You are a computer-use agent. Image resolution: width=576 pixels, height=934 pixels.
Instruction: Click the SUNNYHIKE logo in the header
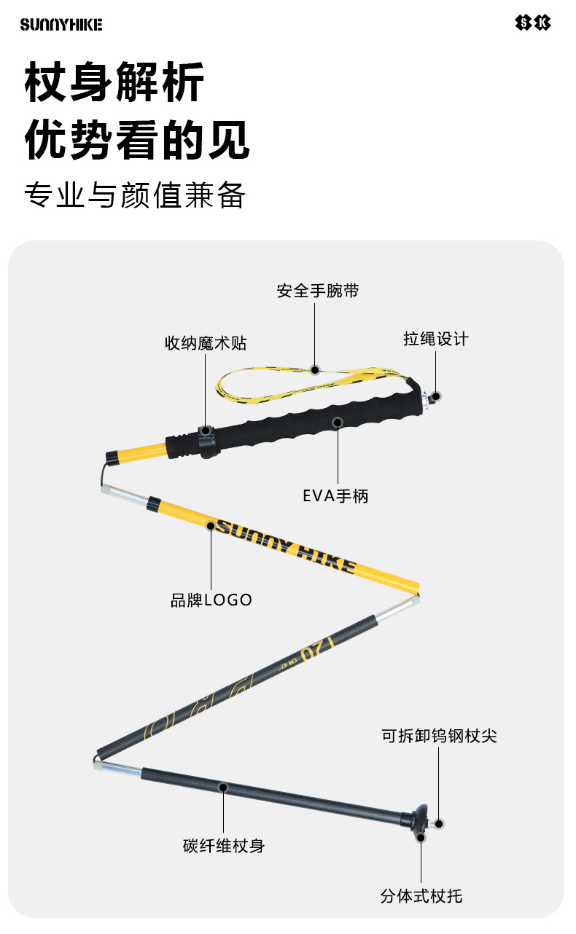coord(61,24)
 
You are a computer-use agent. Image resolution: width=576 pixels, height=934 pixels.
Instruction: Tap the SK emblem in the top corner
coord(533,23)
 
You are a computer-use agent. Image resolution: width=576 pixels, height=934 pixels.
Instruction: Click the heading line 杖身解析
coord(114,83)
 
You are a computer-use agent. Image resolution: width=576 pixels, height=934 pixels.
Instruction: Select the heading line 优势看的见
coord(138,141)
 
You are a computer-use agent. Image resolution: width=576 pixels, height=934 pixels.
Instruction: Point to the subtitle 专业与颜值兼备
coord(135,195)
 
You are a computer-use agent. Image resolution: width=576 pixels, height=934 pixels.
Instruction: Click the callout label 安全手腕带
coord(318,291)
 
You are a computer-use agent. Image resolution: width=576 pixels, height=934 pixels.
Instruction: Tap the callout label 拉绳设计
coord(436,339)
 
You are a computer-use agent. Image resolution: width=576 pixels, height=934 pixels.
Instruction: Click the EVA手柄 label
coord(335,496)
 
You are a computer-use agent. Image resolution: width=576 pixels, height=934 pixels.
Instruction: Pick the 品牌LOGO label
coord(211,600)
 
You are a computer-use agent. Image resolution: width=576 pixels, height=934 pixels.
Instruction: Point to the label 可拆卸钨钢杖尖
coord(439,736)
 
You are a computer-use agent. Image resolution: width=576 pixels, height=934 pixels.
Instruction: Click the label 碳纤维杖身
coord(224,846)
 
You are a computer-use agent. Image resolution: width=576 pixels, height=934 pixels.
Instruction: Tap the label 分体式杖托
coord(421,895)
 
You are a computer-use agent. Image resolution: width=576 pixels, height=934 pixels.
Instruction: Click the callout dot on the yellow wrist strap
coord(315,370)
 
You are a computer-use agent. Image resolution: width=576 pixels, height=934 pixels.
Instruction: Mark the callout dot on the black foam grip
coord(337,422)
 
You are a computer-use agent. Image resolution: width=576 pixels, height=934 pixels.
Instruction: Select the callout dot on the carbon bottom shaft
coord(224,788)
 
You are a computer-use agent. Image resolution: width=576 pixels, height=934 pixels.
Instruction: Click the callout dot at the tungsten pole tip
coord(439,824)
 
